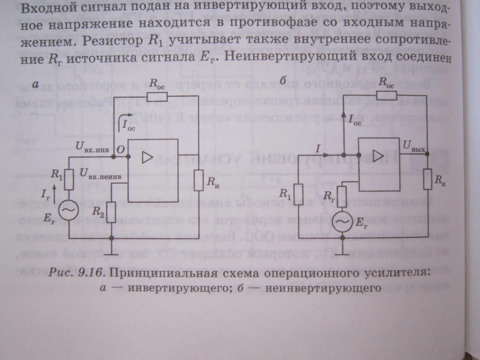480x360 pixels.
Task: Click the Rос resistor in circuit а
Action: click(157, 97)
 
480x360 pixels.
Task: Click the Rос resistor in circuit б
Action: click(386, 95)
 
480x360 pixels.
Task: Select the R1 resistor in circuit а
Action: click(69, 179)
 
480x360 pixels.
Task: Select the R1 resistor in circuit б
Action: click(298, 194)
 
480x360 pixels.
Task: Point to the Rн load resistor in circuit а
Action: click(199, 180)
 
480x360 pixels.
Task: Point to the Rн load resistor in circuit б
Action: click(428, 179)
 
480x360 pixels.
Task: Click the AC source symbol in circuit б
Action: click(342, 222)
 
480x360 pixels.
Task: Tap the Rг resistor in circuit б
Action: click(342, 196)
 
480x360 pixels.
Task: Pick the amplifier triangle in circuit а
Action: click(147, 157)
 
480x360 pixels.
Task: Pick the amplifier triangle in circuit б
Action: click(378, 155)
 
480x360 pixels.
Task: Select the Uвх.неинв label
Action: click(100, 174)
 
